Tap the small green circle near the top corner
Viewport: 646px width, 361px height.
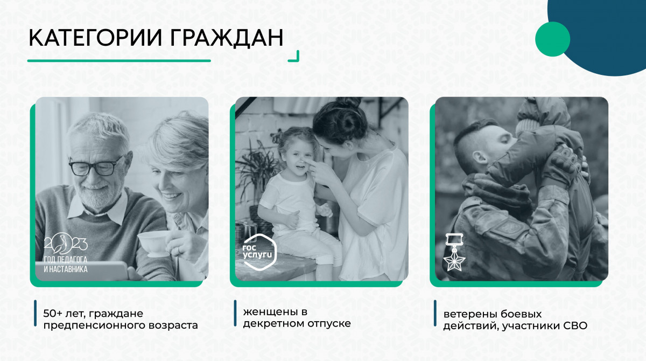552,39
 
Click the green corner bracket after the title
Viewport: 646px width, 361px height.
296,58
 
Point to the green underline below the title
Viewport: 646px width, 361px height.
119,60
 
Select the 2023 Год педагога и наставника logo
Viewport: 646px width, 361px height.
66,253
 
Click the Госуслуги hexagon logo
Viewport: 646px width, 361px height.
259,252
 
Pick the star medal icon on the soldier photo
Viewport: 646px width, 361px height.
454,252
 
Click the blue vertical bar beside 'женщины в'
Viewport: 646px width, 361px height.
235,313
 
